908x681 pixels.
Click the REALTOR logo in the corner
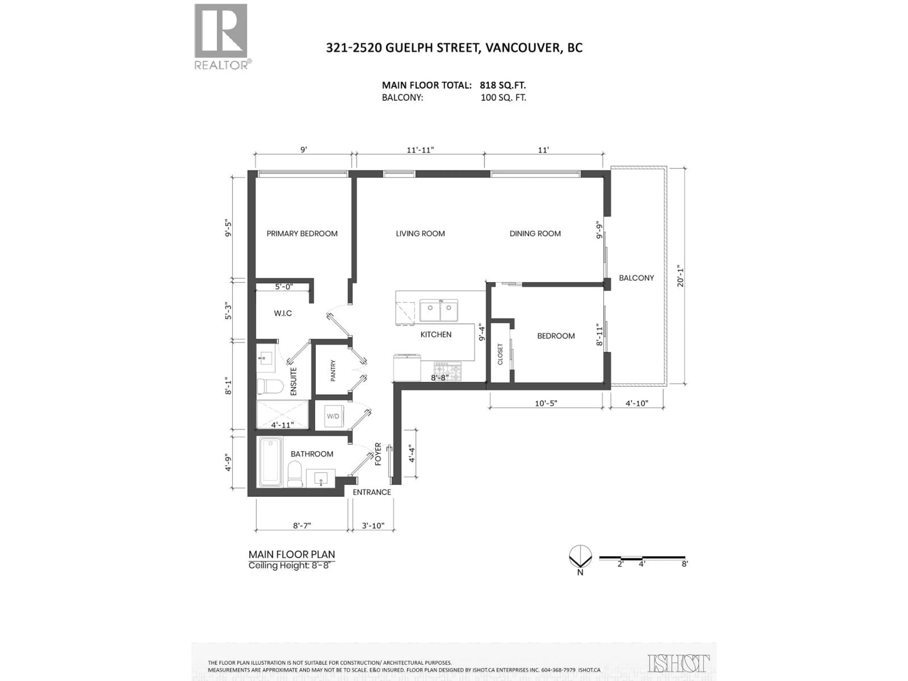point(221,36)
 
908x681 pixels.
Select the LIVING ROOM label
point(420,234)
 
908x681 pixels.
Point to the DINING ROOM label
point(535,234)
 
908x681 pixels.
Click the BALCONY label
point(636,278)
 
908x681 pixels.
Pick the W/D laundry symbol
point(333,416)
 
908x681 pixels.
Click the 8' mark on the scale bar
point(685,564)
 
